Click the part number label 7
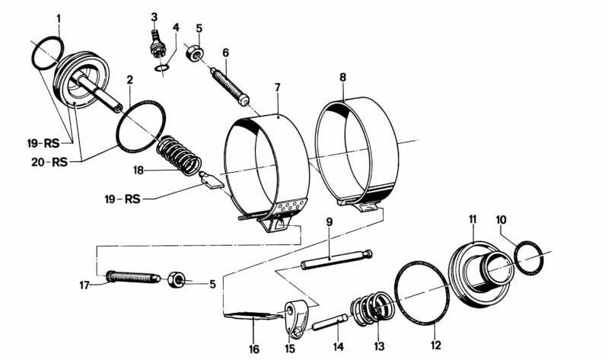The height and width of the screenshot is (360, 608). click(277, 88)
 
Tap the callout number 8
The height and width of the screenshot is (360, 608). click(342, 78)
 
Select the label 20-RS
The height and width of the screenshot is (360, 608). click(49, 161)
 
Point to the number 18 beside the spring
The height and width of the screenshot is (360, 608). click(138, 170)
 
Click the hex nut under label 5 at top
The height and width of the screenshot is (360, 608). click(193, 53)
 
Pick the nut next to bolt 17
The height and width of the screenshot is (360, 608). click(177, 279)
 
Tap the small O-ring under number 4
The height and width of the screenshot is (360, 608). click(161, 68)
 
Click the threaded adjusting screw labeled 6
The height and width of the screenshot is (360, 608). click(230, 87)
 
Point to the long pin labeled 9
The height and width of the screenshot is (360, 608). click(336, 260)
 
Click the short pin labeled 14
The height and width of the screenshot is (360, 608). click(329, 322)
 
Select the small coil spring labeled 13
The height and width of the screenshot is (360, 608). click(372, 307)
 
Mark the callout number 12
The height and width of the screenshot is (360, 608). click(436, 345)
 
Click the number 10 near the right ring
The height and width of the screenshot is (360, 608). click(501, 221)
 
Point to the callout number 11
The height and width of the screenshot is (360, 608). click(473, 219)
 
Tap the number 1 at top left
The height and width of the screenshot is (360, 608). click(59, 18)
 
